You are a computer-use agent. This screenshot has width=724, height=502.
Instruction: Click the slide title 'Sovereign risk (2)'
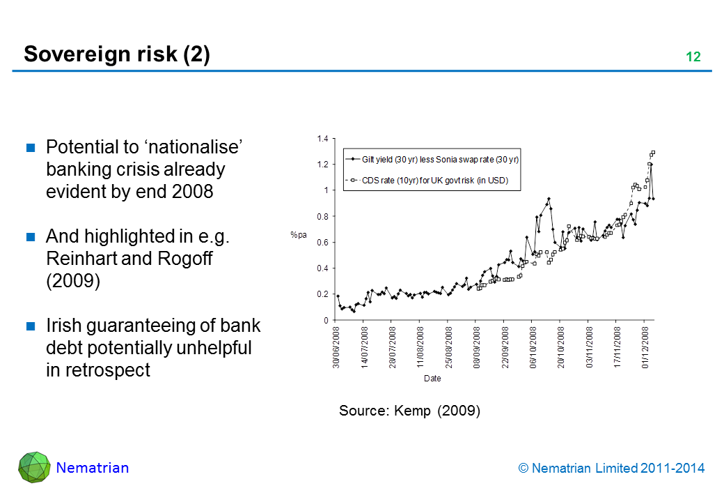click(116, 54)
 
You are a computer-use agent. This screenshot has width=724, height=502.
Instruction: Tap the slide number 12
click(693, 58)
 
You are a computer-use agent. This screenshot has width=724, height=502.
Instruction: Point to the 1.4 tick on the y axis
click(322, 139)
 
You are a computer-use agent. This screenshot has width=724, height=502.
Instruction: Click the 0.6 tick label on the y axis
click(322, 243)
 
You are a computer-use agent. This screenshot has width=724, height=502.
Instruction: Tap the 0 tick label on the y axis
click(325, 320)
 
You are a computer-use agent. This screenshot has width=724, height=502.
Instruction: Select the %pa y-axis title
click(298, 236)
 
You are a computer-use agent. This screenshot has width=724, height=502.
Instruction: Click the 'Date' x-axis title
click(432, 379)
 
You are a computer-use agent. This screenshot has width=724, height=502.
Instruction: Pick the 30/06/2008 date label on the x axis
click(336, 347)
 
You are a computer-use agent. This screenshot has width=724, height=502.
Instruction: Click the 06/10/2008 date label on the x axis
click(533, 347)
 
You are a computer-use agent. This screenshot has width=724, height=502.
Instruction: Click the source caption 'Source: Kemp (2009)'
click(409, 411)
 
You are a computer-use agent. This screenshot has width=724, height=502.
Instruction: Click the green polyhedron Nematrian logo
click(33, 467)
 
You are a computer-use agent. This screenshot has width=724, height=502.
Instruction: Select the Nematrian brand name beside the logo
click(93, 468)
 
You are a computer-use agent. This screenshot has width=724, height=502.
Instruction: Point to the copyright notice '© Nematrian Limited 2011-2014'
click(612, 469)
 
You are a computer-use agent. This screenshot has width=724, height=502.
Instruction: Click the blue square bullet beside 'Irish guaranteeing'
click(31, 326)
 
